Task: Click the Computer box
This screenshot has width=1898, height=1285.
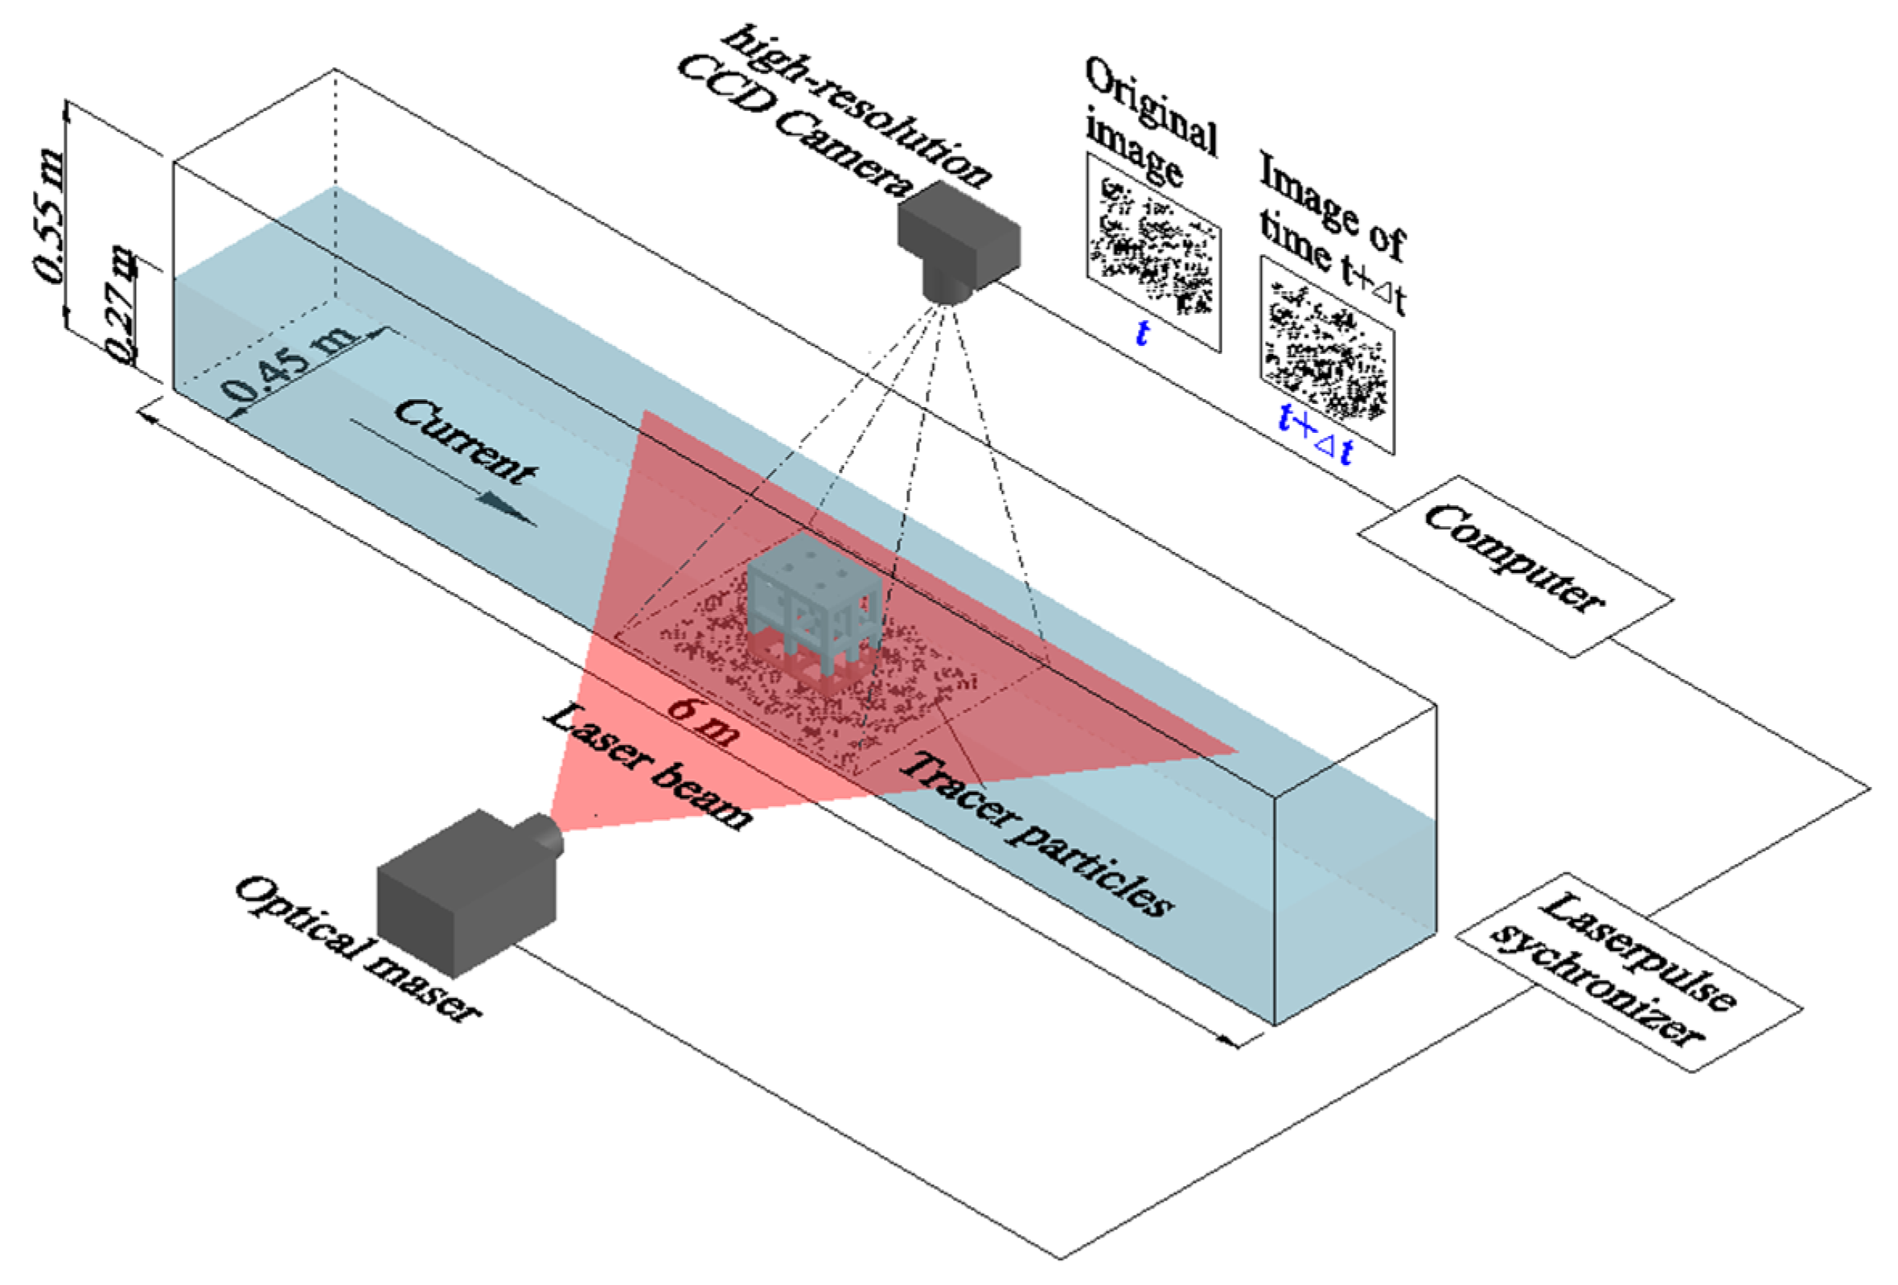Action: tap(1515, 566)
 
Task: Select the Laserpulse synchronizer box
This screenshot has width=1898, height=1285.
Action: tap(1629, 973)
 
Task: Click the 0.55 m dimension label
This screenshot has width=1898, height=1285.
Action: tap(49, 216)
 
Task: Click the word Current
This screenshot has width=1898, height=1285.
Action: tap(466, 441)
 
